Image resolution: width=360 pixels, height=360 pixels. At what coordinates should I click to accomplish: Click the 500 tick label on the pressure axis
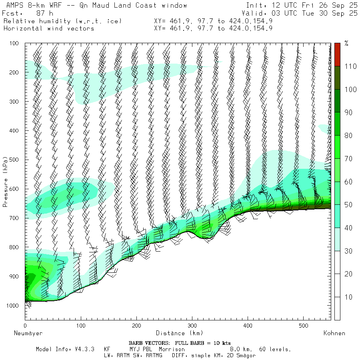tap(14, 160)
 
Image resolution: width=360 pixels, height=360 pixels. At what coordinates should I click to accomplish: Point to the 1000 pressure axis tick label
tap(12, 306)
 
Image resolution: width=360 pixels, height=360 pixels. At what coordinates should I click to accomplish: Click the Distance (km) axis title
tap(179, 333)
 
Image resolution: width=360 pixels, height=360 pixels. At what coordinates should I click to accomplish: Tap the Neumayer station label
tap(28, 333)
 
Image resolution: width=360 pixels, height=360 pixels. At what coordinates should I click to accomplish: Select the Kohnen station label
tap(334, 333)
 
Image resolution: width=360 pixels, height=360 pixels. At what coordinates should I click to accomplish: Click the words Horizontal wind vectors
tap(48, 28)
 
